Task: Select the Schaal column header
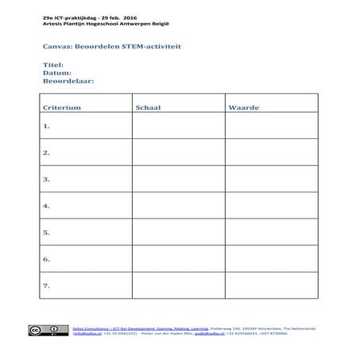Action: point(149,106)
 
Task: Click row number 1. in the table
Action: point(47,126)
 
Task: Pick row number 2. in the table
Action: point(47,153)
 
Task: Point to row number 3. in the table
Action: point(47,180)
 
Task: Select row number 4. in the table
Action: point(47,206)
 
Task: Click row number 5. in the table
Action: point(47,233)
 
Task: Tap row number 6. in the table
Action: point(47,259)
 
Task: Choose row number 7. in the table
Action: point(47,285)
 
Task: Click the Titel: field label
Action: point(52,64)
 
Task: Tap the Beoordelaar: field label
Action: point(68,81)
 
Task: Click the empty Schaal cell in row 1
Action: point(178,126)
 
